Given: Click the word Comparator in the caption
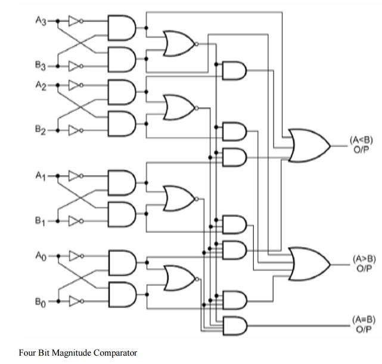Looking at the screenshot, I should tap(113, 352).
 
